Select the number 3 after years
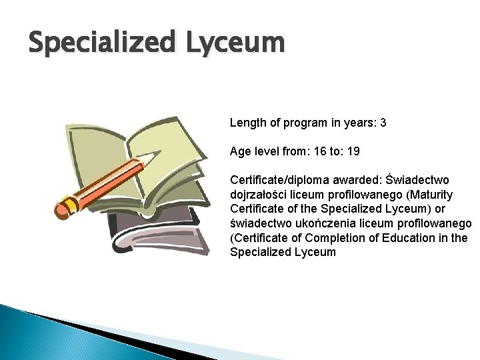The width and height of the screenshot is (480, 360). (x=383, y=123)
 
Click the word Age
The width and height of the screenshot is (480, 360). (x=240, y=152)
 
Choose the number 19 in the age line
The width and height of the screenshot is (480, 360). (x=353, y=151)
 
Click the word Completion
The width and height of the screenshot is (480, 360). (x=339, y=239)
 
